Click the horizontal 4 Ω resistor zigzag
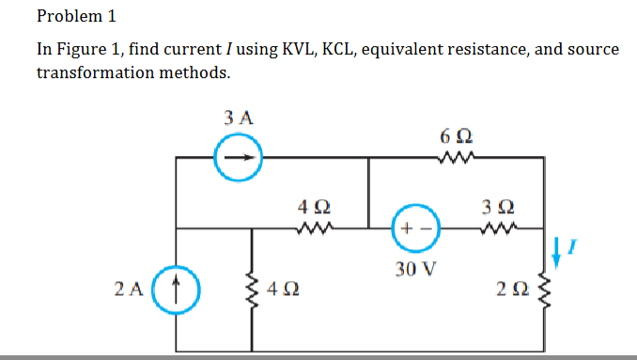312,227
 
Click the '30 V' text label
416,270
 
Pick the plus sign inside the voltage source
406,230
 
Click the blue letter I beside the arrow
579,246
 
